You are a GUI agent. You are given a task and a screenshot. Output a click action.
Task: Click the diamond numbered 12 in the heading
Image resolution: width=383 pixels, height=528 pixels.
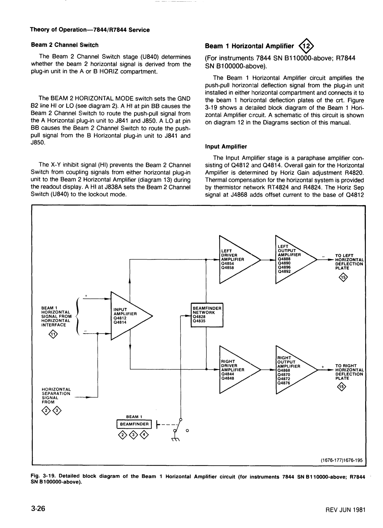[306, 46]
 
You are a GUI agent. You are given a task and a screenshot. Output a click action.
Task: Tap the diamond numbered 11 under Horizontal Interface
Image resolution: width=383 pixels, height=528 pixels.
[53, 334]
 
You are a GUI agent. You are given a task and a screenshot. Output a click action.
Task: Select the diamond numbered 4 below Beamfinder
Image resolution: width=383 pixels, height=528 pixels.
[144, 435]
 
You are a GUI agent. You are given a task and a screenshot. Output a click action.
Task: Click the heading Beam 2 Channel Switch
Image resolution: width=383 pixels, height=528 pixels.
[65, 45]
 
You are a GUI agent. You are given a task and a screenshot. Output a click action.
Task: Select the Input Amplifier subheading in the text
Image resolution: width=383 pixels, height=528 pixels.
[226, 147]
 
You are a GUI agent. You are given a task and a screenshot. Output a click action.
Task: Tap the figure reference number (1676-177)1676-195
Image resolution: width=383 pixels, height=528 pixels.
[341, 460]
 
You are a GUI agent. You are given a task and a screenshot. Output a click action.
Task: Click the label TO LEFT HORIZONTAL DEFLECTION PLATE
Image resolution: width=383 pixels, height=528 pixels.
[350, 262]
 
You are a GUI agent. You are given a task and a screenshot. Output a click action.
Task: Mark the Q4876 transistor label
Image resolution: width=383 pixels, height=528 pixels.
[284, 383]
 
